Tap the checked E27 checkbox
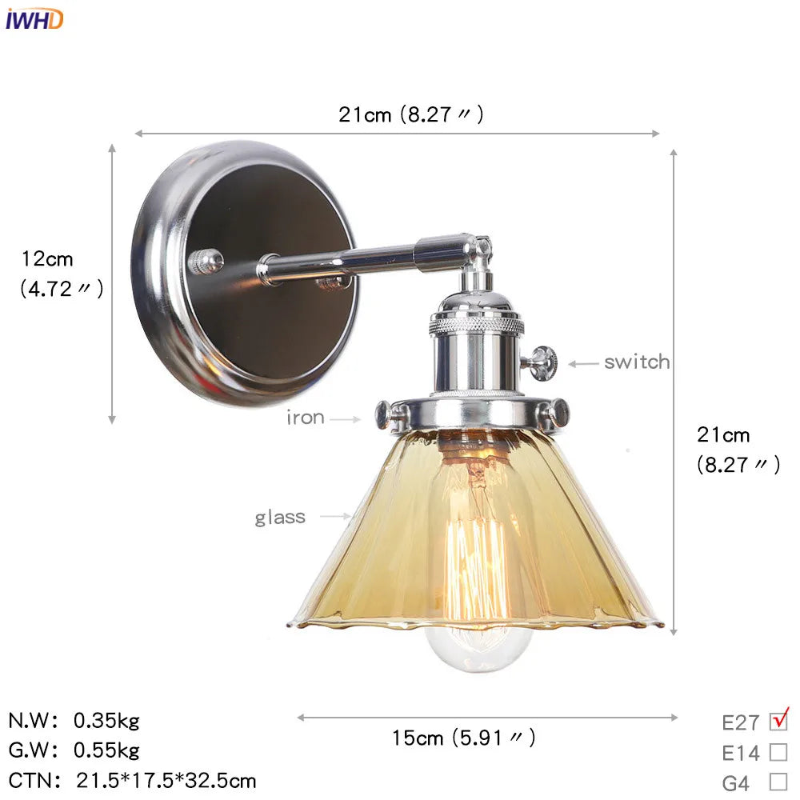778,721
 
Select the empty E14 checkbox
778,752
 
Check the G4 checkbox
778,782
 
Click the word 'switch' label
637,362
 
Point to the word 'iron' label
306,418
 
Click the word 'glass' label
280,517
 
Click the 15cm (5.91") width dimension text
463,738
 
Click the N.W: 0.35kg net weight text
74,721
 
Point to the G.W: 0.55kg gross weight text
74,750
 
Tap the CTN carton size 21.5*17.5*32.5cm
133,780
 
